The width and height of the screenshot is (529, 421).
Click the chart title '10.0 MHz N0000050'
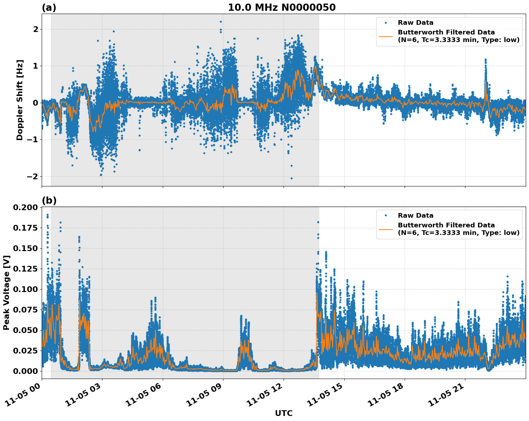[x=281, y=8]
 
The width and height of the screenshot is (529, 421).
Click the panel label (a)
[x=49, y=8]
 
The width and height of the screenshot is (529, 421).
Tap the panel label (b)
[x=49, y=200]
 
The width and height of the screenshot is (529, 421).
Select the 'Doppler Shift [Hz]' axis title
[x=20, y=100]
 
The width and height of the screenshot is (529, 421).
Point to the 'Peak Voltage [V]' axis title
[x=6, y=292]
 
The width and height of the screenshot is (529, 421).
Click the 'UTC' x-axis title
[x=284, y=413]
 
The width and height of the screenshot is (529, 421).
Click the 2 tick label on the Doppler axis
[x=35, y=29]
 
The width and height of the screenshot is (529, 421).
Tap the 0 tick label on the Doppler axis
[x=35, y=103]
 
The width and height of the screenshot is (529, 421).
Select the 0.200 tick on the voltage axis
[x=25, y=208]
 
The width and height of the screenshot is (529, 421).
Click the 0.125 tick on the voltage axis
[x=25, y=269]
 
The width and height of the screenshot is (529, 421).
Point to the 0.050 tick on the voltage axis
[x=25, y=330]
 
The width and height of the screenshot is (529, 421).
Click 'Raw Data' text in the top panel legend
[x=415, y=23]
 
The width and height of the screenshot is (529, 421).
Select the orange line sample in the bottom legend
[x=386, y=229]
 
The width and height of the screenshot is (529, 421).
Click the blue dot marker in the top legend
[x=386, y=23]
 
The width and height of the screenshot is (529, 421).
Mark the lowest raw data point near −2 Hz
[x=291, y=178]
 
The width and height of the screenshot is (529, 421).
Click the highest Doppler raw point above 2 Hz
[x=221, y=22]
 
